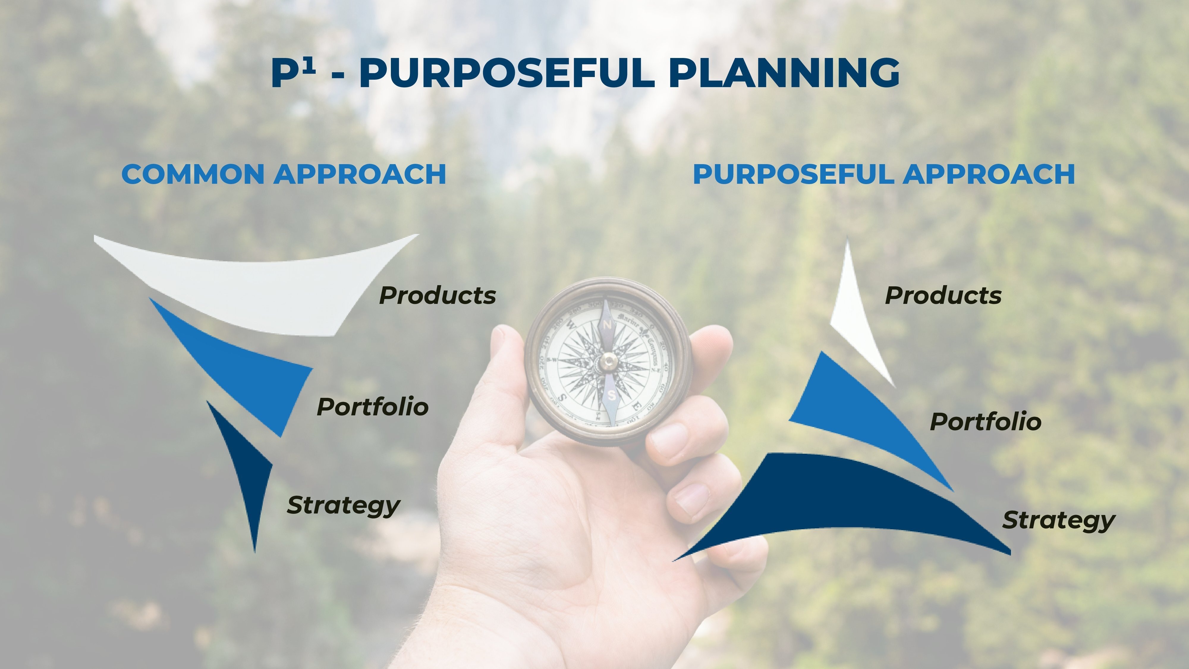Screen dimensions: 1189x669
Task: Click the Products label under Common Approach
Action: (x=438, y=296)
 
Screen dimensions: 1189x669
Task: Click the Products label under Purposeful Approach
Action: (x=943, y=296)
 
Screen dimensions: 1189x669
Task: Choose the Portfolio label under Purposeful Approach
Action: (x=985, y=422)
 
